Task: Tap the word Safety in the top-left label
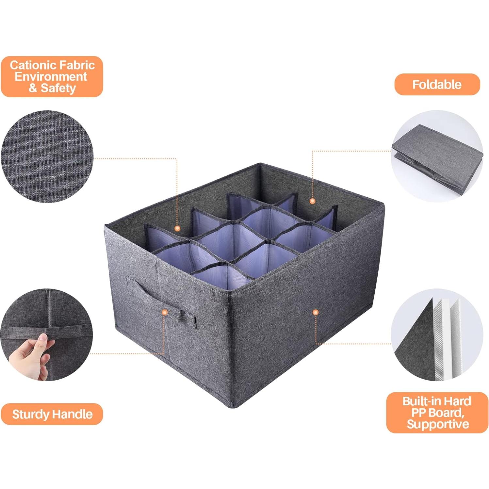tap(58, 88)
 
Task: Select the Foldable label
tap(437, 85)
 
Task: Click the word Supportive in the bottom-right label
tap(438, 424)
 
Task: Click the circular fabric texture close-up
tap(47, 156)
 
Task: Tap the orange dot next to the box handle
tap(165, 313)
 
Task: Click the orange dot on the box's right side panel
tap(316, 313)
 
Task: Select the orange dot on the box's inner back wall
tap(312, 201)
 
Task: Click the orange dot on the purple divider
tap(177, 228)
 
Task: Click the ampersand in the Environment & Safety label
tap(33, 88)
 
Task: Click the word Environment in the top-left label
tap(51, 77)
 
